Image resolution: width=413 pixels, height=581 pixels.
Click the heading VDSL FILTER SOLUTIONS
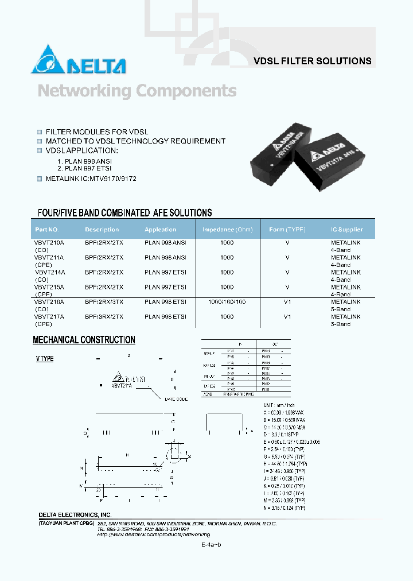click(x=312, y=61)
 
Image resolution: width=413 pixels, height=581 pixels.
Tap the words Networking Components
click(x=137, y=91)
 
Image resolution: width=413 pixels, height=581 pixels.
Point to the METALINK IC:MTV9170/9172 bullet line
click(x=91, y=179)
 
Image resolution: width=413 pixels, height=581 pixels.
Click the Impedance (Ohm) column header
click(x=227, y=230)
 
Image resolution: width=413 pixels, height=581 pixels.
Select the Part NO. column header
click(x=47, y=230)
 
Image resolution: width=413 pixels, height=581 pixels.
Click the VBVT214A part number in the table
click(x=49, y=272)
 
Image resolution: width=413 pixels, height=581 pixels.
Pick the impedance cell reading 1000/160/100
click(x=227, y=302)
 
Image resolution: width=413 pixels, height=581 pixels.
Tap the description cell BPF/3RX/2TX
click(x=104, y=316)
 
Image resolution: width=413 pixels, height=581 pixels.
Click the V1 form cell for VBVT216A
click(x=287, y=302)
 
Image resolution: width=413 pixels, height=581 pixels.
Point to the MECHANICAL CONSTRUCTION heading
click(x=84, y=340)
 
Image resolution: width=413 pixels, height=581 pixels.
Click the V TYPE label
click(x=45, y=359)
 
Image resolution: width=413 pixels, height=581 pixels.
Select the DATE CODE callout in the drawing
click(x=176, y=398)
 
